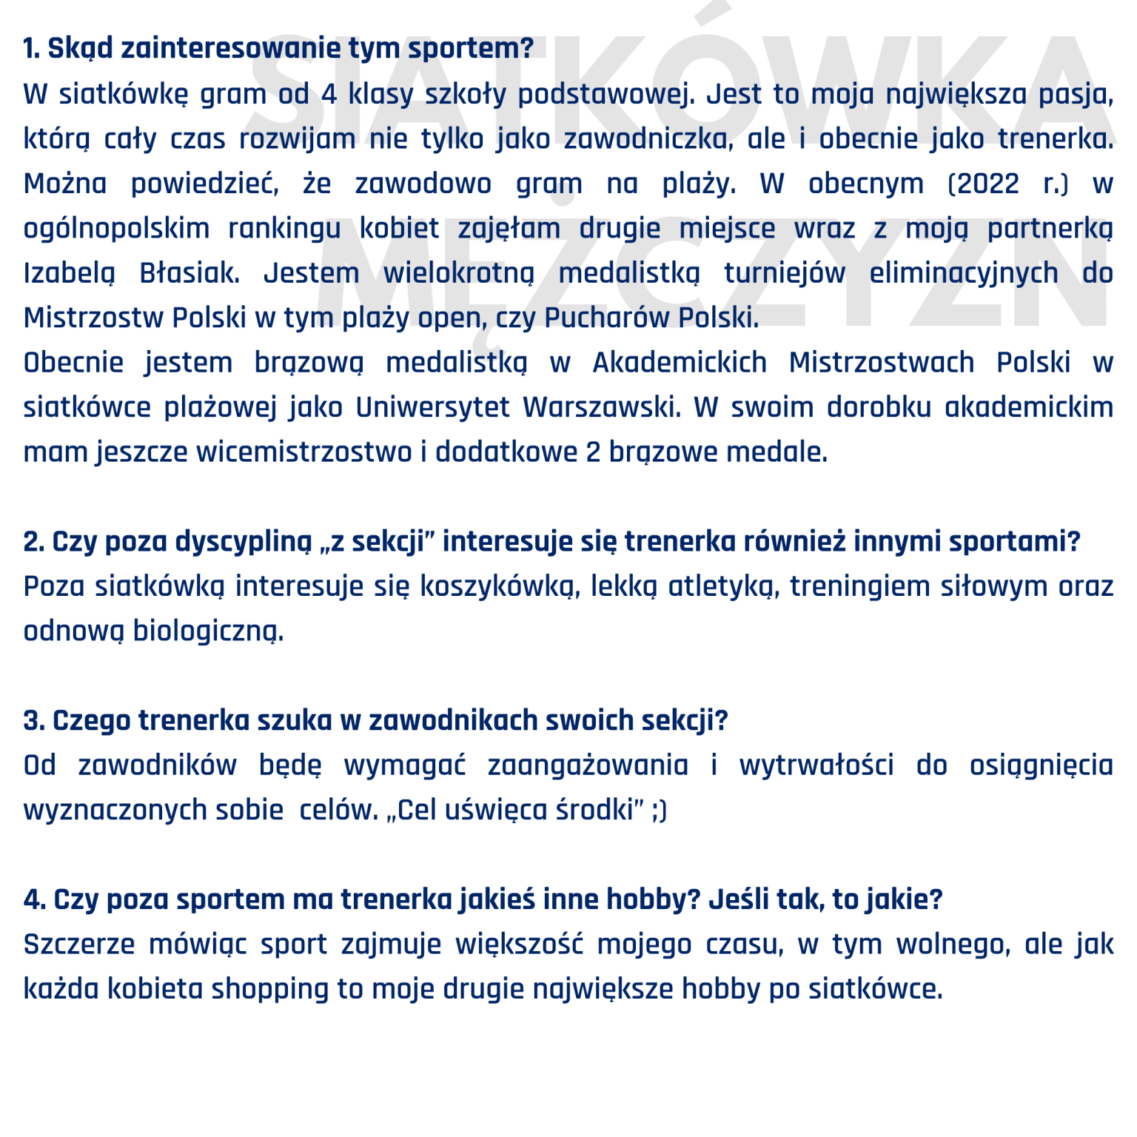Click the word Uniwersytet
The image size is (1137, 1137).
pos(432,407)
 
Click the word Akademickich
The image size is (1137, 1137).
pos(680,363)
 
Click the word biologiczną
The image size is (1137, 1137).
pos(208,631)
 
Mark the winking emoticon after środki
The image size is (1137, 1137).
pos(659,811)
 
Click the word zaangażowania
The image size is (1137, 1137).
pos(588,765)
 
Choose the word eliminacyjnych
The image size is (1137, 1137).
pos(964,273)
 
